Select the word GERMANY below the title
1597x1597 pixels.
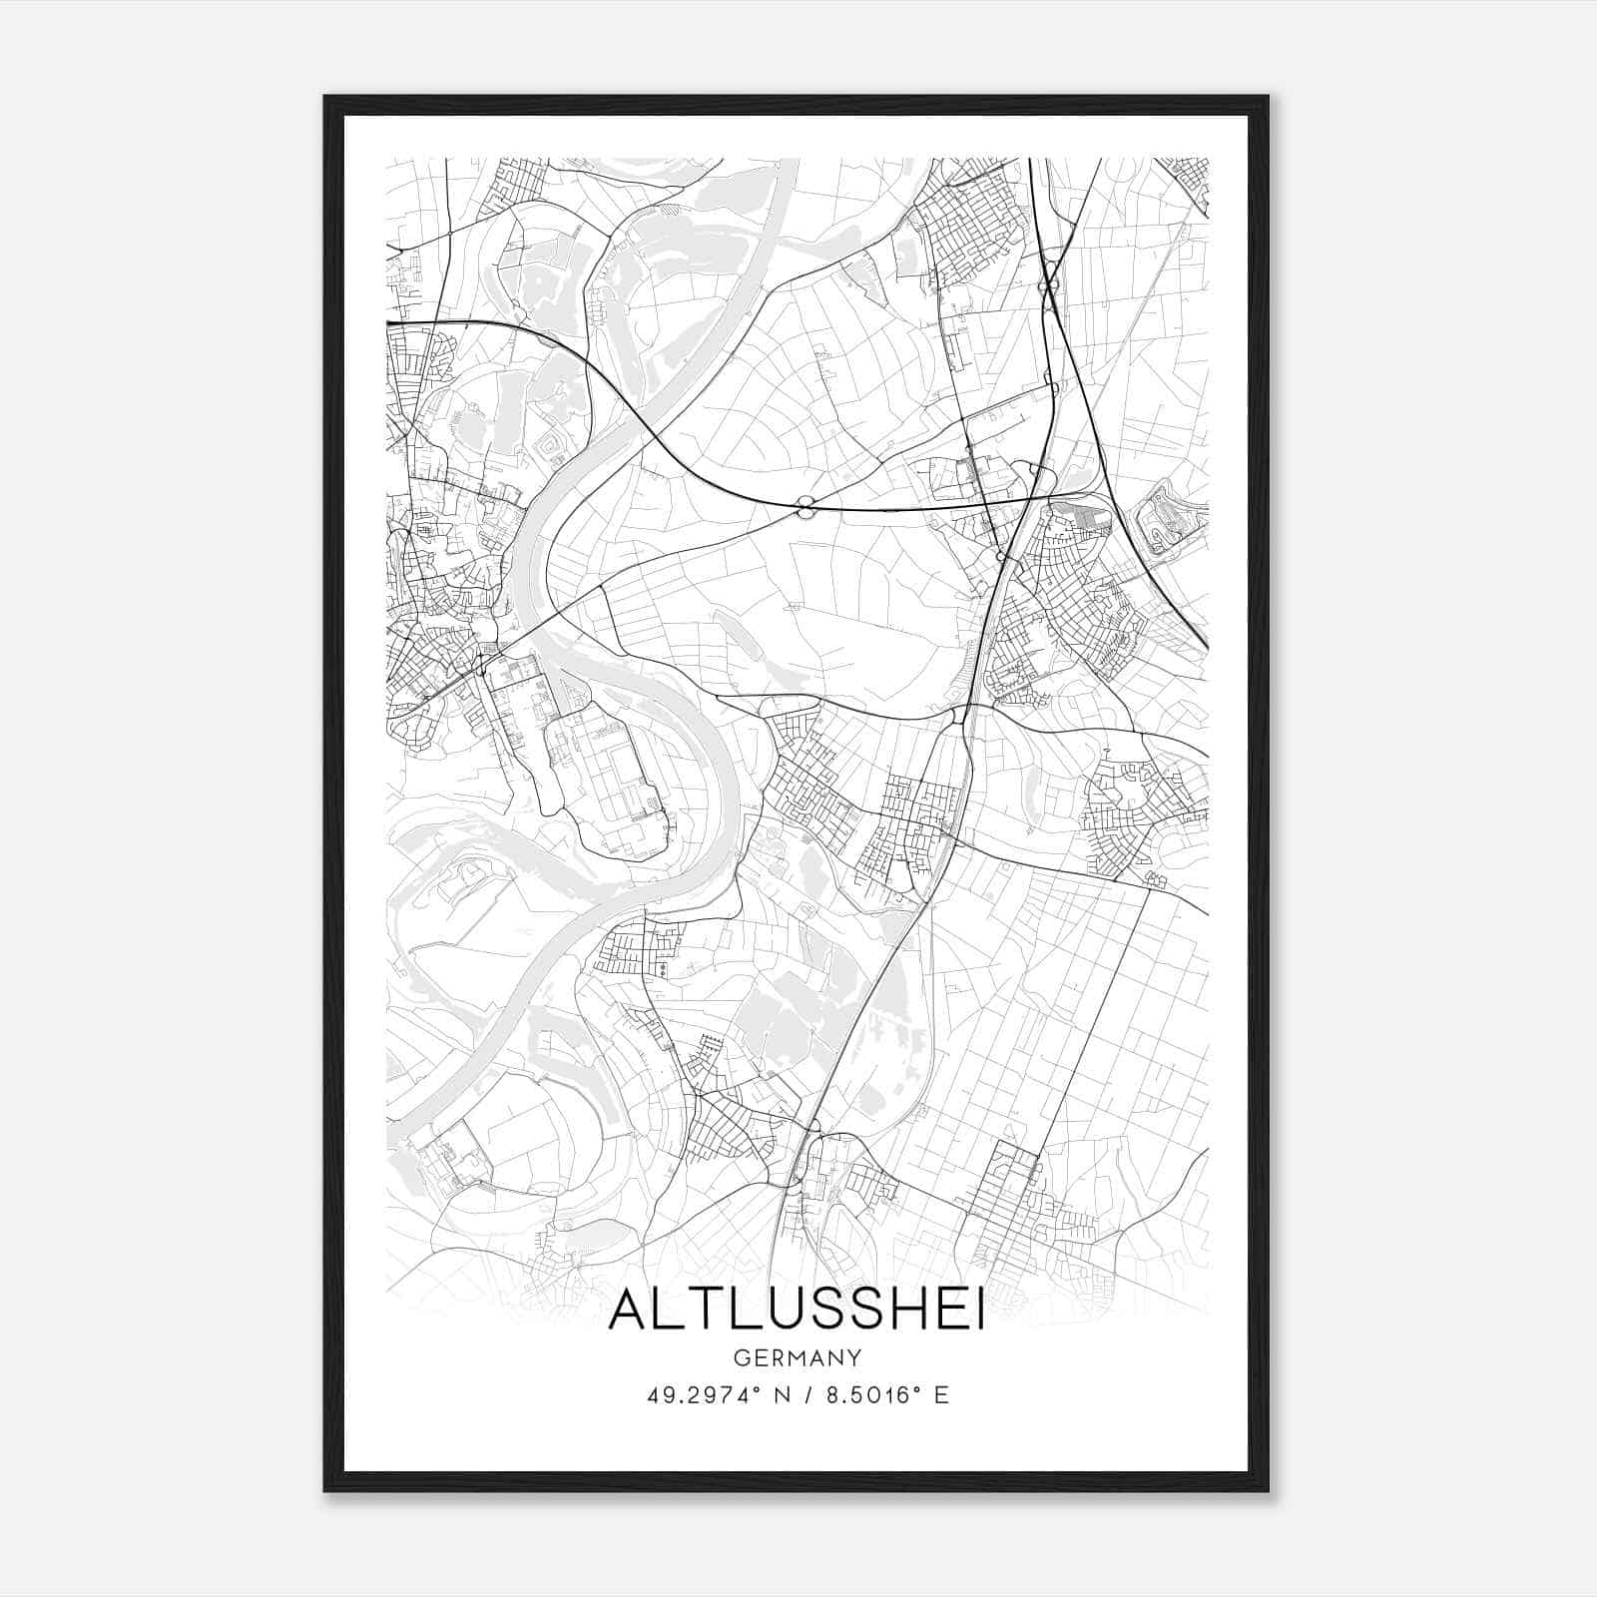[797, 1357]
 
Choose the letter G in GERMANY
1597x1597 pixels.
[740, 1357]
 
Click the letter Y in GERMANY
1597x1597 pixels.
[854, 1357]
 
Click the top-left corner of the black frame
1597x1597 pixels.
[325, 97]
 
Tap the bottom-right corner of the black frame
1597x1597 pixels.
[1268, 1490]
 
